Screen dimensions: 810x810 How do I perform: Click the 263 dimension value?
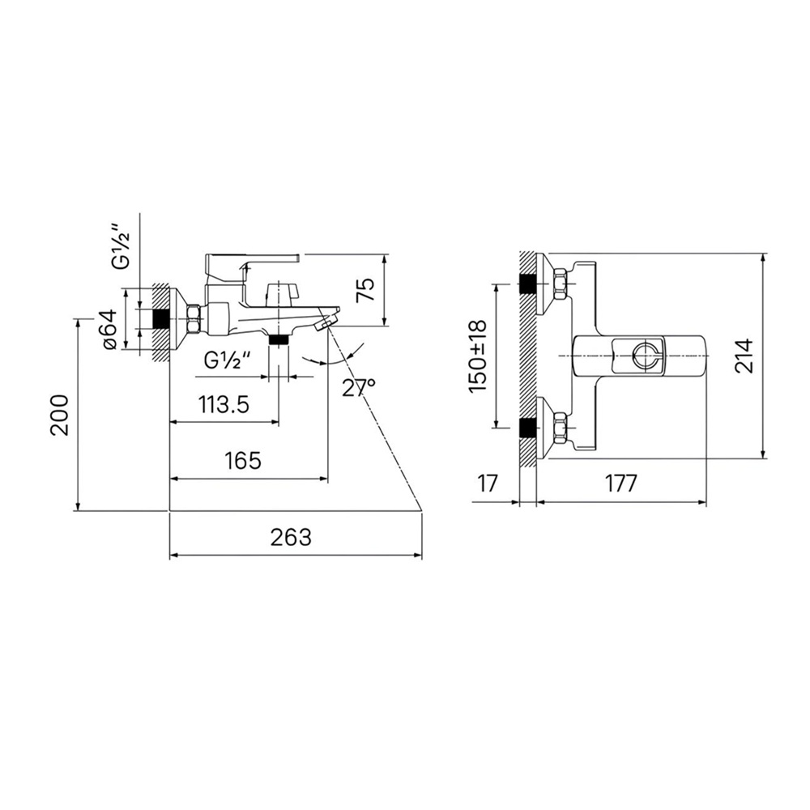291,537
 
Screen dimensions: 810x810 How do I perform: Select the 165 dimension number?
243,460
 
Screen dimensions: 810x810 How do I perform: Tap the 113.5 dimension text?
224,404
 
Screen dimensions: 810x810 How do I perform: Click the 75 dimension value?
364,291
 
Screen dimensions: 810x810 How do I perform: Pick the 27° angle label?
358,387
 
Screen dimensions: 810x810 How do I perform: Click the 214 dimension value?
744,356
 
